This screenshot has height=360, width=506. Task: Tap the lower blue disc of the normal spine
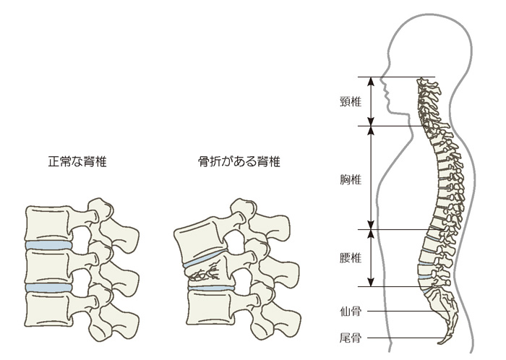pos(48,288)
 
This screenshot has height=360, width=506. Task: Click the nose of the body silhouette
pos(382,95)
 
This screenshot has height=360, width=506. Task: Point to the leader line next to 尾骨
pos(405,337)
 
